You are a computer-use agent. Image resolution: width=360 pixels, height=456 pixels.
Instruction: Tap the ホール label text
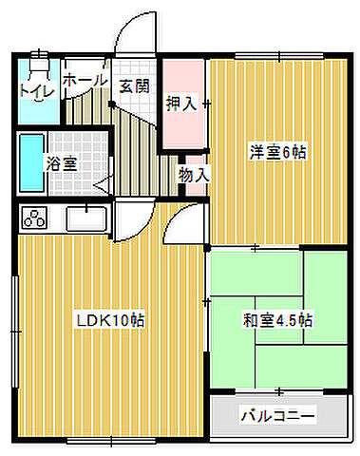pos(85,83)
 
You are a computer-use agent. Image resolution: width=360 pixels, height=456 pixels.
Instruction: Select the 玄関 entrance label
pos(134,85)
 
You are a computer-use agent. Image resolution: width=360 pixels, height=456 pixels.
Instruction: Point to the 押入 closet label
pos(181,104)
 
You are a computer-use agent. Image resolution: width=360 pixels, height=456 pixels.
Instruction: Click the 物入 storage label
pos(194,175)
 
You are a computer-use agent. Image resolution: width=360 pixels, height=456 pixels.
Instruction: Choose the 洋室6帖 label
pos(278,151)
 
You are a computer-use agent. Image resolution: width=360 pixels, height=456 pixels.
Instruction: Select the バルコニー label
pos(277,415)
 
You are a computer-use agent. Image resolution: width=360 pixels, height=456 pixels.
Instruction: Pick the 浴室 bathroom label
pos(63,162)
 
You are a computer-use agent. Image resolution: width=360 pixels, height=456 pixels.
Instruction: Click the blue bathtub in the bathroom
pos(30,163)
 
